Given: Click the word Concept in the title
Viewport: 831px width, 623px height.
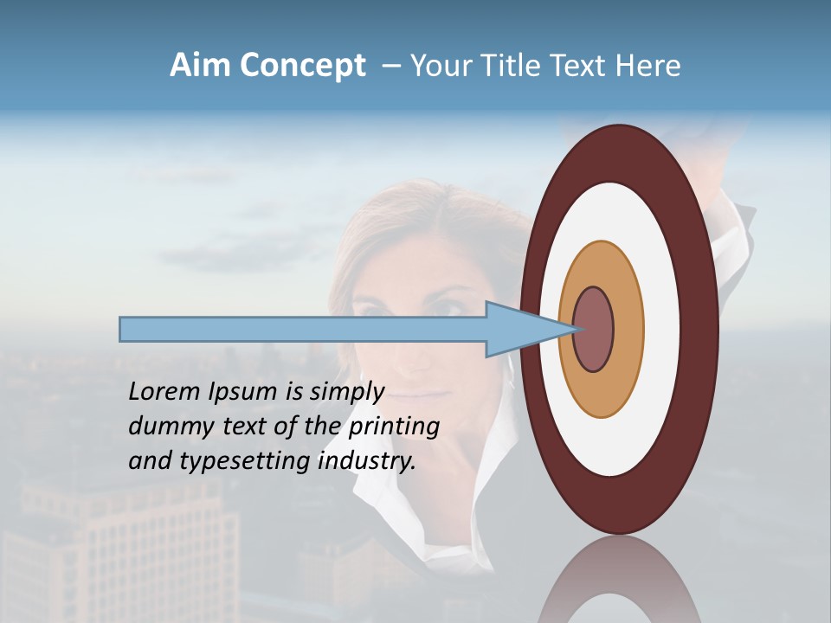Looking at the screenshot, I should click(302, 66).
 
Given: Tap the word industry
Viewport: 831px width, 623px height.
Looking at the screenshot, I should click(367, 461).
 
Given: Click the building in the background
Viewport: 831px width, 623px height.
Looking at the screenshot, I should click(121, 554).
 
